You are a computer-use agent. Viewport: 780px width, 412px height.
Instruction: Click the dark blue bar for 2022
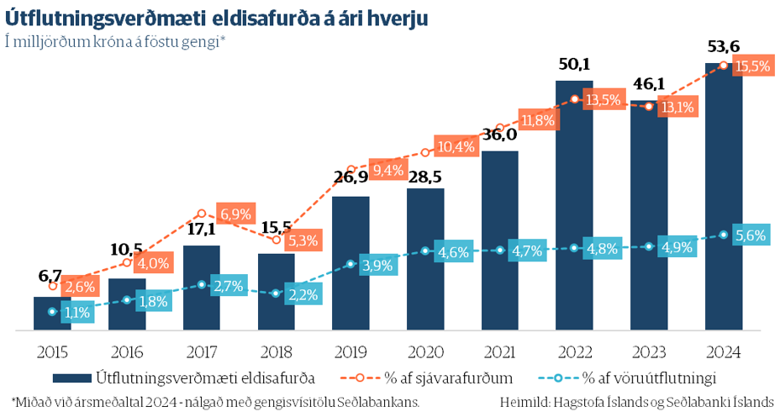click(574, 206)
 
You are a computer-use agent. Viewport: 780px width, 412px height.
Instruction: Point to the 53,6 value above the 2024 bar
click(723, 47)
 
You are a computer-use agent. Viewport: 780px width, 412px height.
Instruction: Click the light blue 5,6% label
click(750, 236)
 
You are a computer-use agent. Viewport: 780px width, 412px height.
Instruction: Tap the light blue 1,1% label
click(77, 312)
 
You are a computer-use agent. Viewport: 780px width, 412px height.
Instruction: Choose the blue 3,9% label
click(377, 266)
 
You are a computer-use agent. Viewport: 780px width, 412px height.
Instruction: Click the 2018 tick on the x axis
click(276, 350)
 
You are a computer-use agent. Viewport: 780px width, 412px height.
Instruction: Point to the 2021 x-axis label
click(499, 350)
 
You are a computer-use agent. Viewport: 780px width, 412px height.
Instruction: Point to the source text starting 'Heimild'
click(635, 401)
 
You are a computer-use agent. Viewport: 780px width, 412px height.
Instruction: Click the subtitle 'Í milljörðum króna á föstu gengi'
click(116, 41)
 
